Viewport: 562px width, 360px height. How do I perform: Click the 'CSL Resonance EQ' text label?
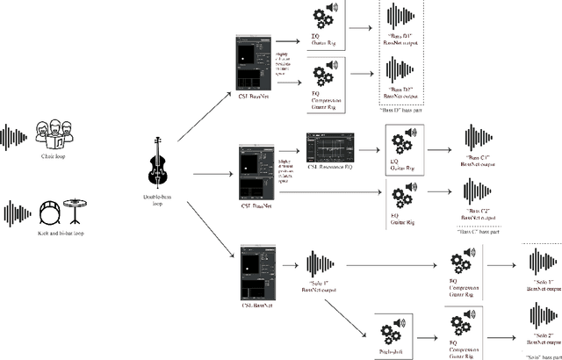point(329,169)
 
